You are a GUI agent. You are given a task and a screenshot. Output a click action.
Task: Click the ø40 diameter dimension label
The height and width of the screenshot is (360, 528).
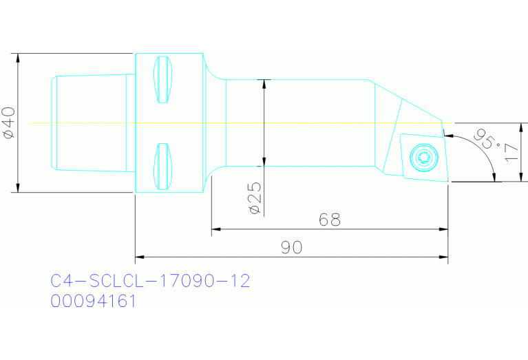(9, 123)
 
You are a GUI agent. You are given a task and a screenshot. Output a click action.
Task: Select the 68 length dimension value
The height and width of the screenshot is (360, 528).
(330, 220)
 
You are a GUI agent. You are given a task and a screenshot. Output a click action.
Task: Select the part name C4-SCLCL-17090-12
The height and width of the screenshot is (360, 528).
(150, 281)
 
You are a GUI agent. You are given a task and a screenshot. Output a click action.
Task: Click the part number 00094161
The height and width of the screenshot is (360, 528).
(93, 301)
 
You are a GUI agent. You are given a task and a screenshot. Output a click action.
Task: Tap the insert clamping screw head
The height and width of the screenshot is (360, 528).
(422, 156)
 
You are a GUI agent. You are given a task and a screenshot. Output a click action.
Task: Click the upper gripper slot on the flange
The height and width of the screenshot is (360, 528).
(162, 78)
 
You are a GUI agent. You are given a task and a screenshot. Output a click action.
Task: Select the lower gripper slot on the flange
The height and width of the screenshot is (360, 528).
(162, 167)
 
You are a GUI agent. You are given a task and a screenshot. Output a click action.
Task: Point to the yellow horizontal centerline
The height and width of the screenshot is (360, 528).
(275, 123)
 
